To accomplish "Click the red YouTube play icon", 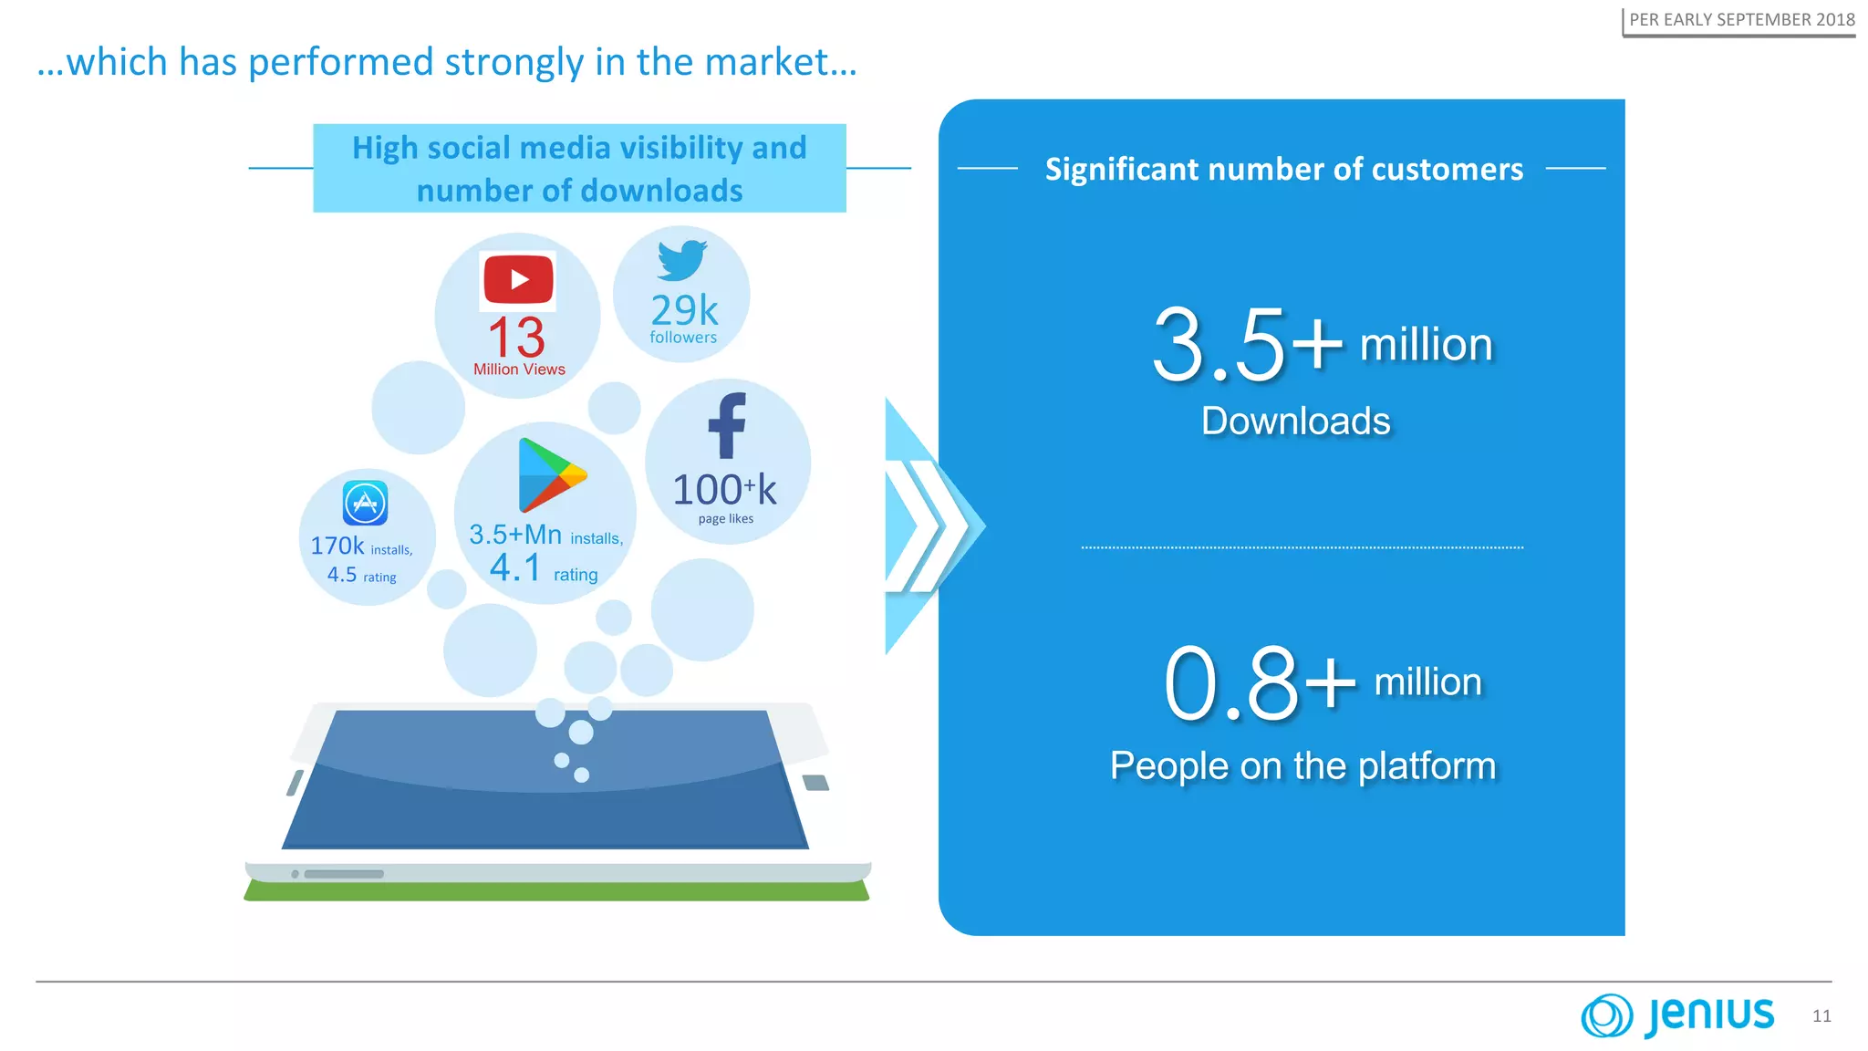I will pos(518,279).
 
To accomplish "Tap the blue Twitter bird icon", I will pos(682,260).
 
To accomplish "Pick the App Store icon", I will pos(365,503).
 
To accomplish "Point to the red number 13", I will pos(516,338).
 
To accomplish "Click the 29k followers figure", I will pos(684,311).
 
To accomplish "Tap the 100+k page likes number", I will pos(724,490).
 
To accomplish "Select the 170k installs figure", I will pos(337,546).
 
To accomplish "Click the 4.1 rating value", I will pos(515,567).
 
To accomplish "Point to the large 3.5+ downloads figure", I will pos(1247,345).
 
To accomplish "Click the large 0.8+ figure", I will pos(1260,683).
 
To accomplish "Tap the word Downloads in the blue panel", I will pos(1295,421).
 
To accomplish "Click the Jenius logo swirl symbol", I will pos(1606,1015).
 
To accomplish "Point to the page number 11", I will pos(1821,1016).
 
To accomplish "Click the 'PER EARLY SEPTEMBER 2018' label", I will pos(1741,19).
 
